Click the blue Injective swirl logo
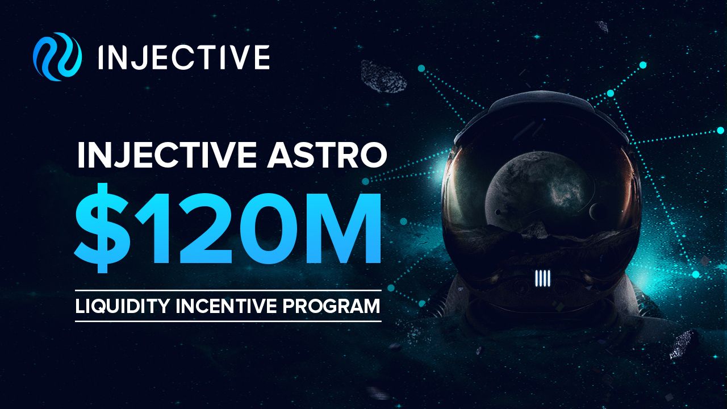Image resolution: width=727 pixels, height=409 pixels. [x=57, y=56]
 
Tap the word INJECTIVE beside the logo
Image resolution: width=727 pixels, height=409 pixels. [x=183, y=57]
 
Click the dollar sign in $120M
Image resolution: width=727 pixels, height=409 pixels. [x=103, y=228]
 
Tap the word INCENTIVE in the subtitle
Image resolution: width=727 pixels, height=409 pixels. [x=225, y=306]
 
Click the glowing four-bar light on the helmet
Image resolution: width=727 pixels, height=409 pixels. [x=542, y=278]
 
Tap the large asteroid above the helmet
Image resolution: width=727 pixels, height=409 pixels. [x=383, y=77]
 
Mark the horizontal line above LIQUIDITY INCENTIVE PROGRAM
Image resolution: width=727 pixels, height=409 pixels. [x=228, y=290]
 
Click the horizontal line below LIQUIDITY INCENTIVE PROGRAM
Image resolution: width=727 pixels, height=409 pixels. [x=228, y=322]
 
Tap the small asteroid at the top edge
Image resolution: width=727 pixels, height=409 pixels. [x=602, y=26]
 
